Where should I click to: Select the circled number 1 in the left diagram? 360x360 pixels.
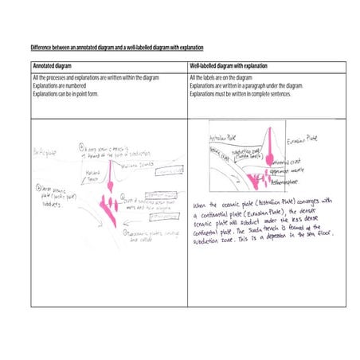point(83,147)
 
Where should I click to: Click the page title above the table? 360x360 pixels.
point(117,48)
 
